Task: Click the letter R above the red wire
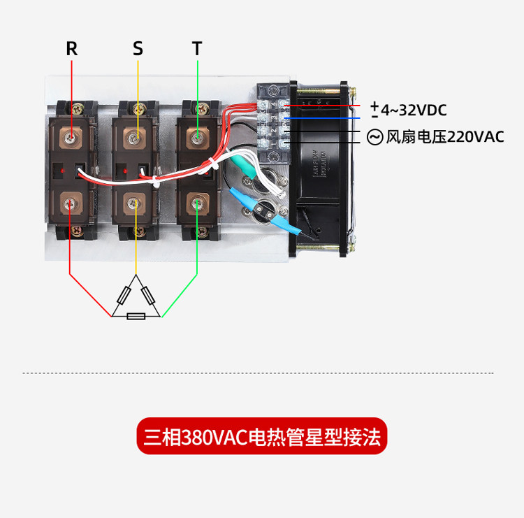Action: click(x=71, y=48)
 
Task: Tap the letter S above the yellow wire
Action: click(x=138, y=48)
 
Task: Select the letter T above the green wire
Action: click(x=197, y=48)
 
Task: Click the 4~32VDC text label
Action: click(x=414, y=110)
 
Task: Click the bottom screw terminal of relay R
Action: click(x=71, y=203)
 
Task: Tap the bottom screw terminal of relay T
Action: click(x=198, y=203)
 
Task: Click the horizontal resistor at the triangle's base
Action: click(x=136, y=317)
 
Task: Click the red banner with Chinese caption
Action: click(x=261, y=437)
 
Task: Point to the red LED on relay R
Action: click(x=63, y=170)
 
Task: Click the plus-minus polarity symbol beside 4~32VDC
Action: click(x=375, y=109)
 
